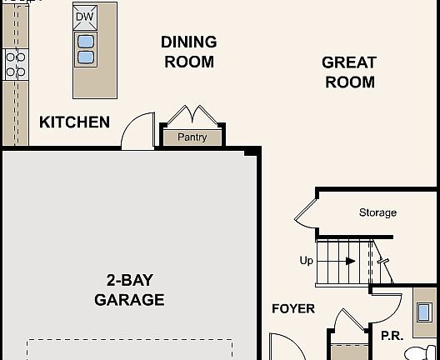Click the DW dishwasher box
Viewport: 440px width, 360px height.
[x=85, y=17]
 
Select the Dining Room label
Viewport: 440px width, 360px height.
[x=189, y=52]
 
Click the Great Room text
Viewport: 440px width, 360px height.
[x=349, y=72]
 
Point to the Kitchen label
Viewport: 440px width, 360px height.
[x=74, y=122]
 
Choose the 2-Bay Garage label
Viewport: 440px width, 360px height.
[x=129, y=290]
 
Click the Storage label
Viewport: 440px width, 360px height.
[x=377, y=213]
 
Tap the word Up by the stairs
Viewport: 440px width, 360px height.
[x=307, y=261]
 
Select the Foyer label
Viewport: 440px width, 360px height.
[x=293, y=309]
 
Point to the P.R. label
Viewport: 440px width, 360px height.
[x=392, y=336]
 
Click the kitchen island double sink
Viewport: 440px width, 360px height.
[x=85, y=49]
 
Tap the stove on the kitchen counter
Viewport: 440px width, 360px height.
[x=15, y=64]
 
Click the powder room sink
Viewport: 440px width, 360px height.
[x=424, y=312]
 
